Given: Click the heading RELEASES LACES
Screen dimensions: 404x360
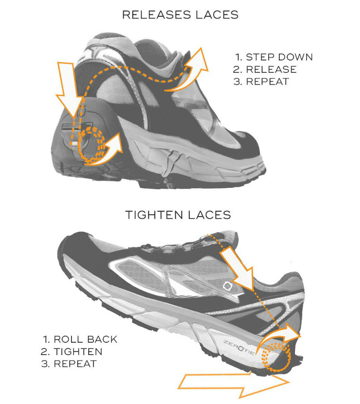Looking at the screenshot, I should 180,15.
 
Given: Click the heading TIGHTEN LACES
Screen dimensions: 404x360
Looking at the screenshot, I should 178,215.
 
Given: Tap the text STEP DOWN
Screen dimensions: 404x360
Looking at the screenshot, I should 279,57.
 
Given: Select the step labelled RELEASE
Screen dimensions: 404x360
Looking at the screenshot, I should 271,69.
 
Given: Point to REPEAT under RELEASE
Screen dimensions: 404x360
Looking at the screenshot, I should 267,82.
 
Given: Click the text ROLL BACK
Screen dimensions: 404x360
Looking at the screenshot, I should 85,339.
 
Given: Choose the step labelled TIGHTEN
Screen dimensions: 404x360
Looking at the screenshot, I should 78,352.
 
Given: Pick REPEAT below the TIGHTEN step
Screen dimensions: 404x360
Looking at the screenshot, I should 75,364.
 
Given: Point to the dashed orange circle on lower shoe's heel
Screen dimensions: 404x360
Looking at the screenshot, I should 276,356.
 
